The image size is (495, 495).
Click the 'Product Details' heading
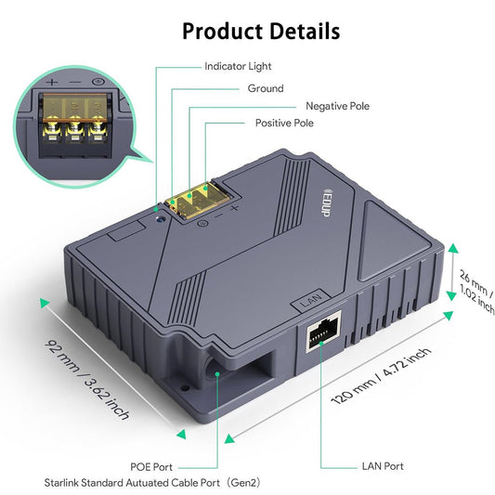260,31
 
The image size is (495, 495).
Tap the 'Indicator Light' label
238,67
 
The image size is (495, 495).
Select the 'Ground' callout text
266,88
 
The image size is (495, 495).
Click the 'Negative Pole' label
337,106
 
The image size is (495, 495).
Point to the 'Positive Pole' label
284,123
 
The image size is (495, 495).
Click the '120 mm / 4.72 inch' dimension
381,377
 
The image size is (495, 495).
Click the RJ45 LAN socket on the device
320,330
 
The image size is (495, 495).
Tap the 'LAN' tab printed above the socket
310,301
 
